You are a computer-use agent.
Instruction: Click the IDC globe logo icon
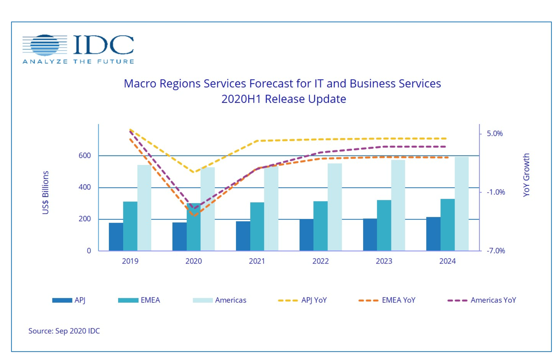(45, 45)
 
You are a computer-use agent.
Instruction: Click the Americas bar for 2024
(462, 204)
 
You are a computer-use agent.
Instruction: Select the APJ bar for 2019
(116, 237)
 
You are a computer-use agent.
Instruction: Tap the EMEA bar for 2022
(320, 226)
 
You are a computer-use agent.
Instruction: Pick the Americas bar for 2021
(271, 209)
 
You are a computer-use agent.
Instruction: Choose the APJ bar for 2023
(370, 235)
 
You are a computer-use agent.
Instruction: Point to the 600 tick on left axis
(85, 156)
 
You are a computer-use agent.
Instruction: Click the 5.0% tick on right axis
(494, 134)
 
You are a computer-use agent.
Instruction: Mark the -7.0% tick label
(496, 251)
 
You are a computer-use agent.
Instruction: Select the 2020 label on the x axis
(193, 261)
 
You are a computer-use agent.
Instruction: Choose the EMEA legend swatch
(128, 300)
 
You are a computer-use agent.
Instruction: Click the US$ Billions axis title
(45, 193)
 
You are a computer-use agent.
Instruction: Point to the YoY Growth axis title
(526, 175)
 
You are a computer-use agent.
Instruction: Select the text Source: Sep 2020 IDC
(64, 331)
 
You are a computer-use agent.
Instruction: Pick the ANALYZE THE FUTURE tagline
(78, 61)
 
